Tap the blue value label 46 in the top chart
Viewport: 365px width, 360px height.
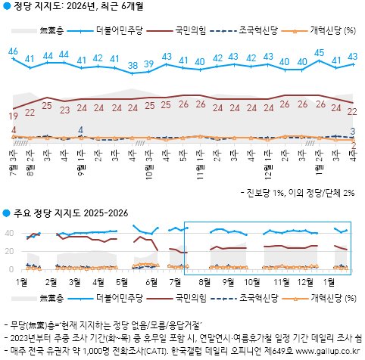[13, 51]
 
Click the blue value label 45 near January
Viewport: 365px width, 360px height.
[320, 53]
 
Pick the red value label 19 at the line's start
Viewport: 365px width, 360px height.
[14, 116]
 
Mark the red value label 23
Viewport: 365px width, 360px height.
[64, 109]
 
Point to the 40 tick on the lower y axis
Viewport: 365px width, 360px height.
[10, 233]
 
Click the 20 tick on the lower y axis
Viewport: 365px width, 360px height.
[10, 251]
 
